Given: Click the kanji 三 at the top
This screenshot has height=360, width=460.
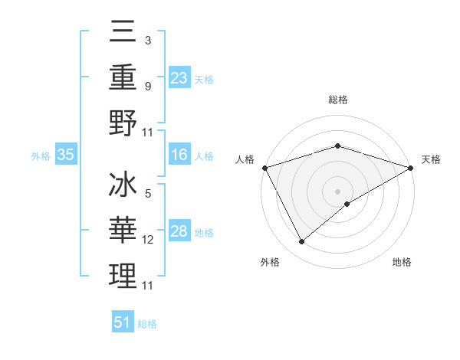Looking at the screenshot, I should [123, 33].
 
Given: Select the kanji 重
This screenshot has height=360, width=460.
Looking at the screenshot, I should [123, 77].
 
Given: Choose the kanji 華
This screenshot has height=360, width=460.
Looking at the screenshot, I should [123, 232].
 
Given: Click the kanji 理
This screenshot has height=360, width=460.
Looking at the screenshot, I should [123, 277].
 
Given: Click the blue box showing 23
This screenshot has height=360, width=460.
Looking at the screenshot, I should [179, 78].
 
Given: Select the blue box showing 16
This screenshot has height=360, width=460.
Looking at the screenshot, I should [179, 155].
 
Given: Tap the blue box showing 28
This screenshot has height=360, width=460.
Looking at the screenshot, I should [179, 232].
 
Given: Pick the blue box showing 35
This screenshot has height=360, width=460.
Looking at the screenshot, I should [65, 155].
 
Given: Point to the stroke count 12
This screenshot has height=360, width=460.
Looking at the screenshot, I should [148, 240].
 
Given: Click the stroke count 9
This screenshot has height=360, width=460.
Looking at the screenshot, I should [147, 86].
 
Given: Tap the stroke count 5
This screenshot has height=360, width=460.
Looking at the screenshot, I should [147, 194].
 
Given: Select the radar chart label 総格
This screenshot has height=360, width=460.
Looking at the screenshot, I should [337, 100].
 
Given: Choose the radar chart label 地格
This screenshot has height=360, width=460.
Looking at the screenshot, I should [402, 263].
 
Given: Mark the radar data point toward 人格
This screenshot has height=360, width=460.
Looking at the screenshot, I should [264, 167].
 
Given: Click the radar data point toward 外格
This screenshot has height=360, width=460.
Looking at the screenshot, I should [301, 242].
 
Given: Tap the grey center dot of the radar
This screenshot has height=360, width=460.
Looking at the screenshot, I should [337, 191].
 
